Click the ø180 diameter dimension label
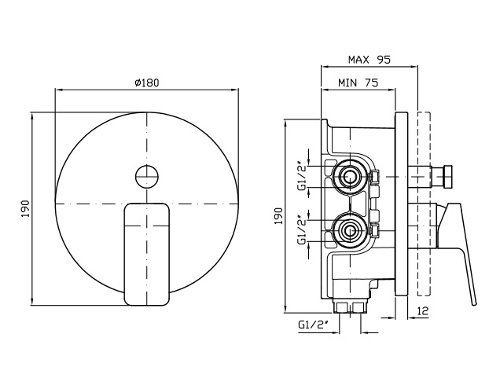tap(147, 83)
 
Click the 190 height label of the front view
tap(25, 209)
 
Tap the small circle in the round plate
tap(147, 176)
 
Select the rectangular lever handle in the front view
tap(147, 254)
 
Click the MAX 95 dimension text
tap(369, 60)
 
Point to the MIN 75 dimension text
tap(358, 83)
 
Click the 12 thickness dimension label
tap(423, 310)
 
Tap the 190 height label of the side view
tap(279, 216)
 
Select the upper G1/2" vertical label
tap(303, 177)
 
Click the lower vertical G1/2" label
tap(303, 230)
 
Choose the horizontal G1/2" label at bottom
tap(313, 325)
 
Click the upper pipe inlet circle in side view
tap(351, 176)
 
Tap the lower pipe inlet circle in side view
tap(351, 230)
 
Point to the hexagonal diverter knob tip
tap(448, 176)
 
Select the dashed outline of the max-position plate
tap(424, 204)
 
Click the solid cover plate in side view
tap(402, 204)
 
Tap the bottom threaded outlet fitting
tap(351, 306)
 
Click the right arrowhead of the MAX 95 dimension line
tap(414, 67)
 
